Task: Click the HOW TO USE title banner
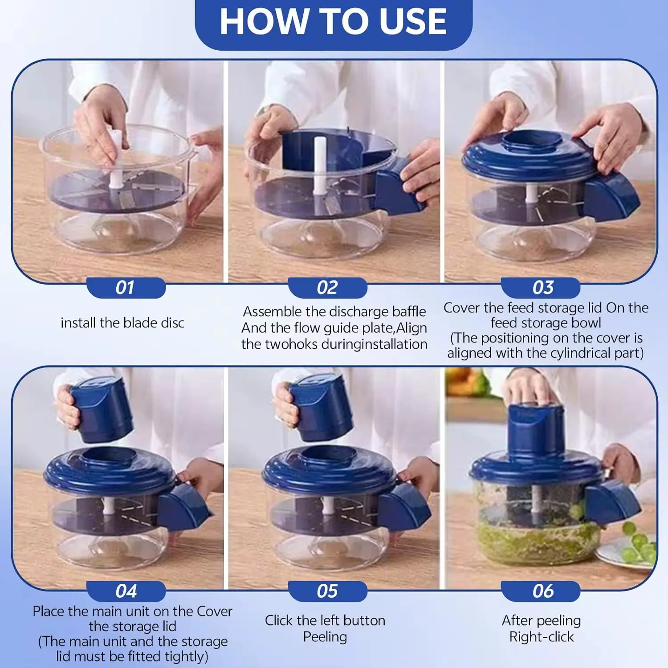(333, 22)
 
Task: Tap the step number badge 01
(125, 288)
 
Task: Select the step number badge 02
(327, 288)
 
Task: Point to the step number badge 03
(542, 288)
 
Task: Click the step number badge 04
(126, 591)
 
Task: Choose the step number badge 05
(327, 591)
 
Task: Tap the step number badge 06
(542, 591)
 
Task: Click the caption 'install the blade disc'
(122, 323)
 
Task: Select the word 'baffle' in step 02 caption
(408, 311)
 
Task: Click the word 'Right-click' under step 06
(542, 637)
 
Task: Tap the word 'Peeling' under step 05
(325, 637)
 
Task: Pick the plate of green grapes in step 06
(632, 550)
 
